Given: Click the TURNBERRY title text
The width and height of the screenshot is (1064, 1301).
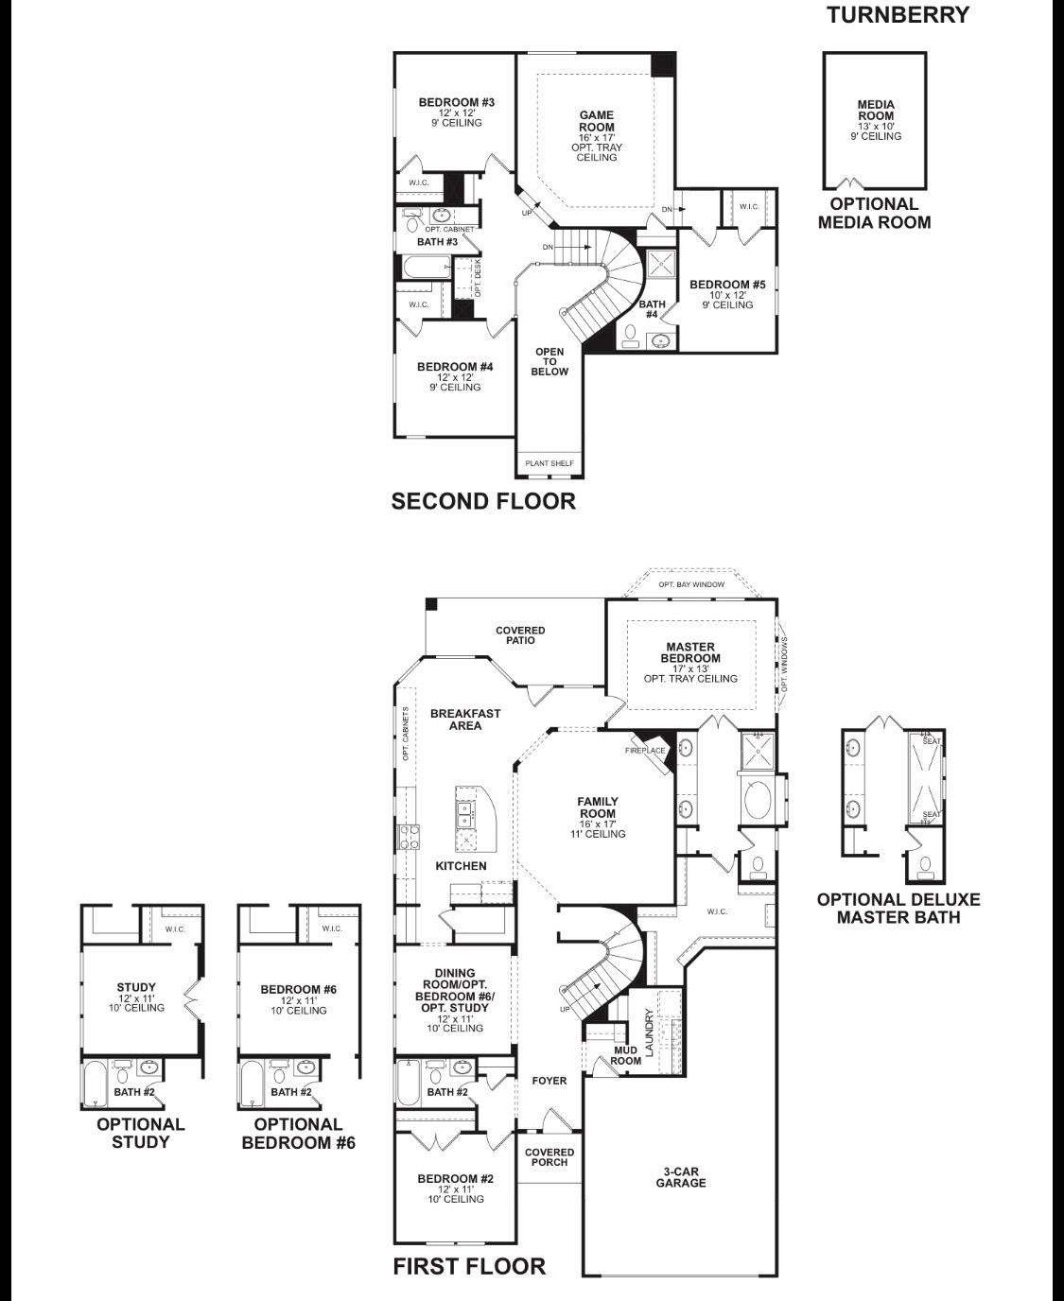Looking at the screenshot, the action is point(898,15).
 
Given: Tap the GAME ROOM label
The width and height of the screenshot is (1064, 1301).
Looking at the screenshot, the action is point(597,121).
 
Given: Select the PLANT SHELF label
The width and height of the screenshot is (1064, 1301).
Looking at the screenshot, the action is point(549,463).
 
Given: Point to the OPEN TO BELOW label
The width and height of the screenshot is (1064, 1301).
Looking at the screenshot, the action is point(549,361).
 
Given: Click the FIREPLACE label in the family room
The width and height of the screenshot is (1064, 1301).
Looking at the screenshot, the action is point(646,751).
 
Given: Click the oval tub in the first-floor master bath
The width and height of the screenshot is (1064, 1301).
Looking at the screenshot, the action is point(757,800).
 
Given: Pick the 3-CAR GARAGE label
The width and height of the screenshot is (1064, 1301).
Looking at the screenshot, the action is point(681,1177).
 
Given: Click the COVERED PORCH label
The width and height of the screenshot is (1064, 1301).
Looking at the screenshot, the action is point(549,1157).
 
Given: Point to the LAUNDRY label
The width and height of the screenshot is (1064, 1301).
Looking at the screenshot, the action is point(649,1032).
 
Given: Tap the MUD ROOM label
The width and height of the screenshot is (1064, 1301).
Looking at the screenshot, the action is point(626,1055).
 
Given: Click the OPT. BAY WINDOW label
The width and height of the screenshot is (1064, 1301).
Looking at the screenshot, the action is point(691,584).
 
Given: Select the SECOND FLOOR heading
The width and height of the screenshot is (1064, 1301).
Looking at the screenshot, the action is point(483,501).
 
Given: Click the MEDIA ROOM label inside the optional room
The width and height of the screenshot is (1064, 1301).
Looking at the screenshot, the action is point(876,111).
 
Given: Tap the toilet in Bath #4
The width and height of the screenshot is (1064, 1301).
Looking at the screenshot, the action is point(630,333).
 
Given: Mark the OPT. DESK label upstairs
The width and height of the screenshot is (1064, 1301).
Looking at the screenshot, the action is point(478,278).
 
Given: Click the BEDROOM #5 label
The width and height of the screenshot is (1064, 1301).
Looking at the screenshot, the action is point(727,285).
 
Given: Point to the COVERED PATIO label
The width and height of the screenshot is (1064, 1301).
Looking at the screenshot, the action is point(520,635).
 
